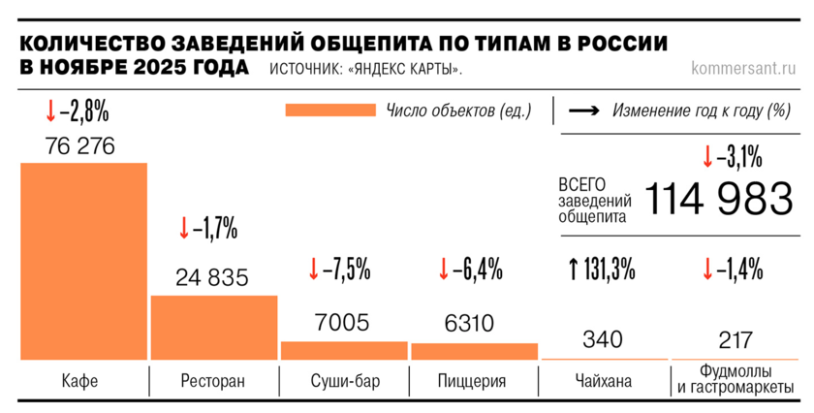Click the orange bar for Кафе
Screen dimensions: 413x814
click(x=83, y=261)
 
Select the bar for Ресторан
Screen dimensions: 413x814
click(x=213, y=328)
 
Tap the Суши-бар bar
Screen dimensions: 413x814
click(x=344, y=350)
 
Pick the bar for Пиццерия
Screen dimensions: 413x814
click(x=474, y=351)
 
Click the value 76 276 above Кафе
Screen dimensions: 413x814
click(x=80, y=146)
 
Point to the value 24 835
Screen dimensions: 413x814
click(x=212, y=277)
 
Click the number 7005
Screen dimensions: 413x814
click(x=342, y=323)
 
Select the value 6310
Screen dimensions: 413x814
click(x=469, y=323)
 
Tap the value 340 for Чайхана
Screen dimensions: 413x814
click(x=603, y=339)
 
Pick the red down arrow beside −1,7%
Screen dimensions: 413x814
click(x=184, y=228)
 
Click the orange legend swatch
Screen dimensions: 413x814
click(x=330, y=110)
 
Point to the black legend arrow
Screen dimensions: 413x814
click(x=582, y=110)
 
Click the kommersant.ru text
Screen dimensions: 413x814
click(x=744, y=68)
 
